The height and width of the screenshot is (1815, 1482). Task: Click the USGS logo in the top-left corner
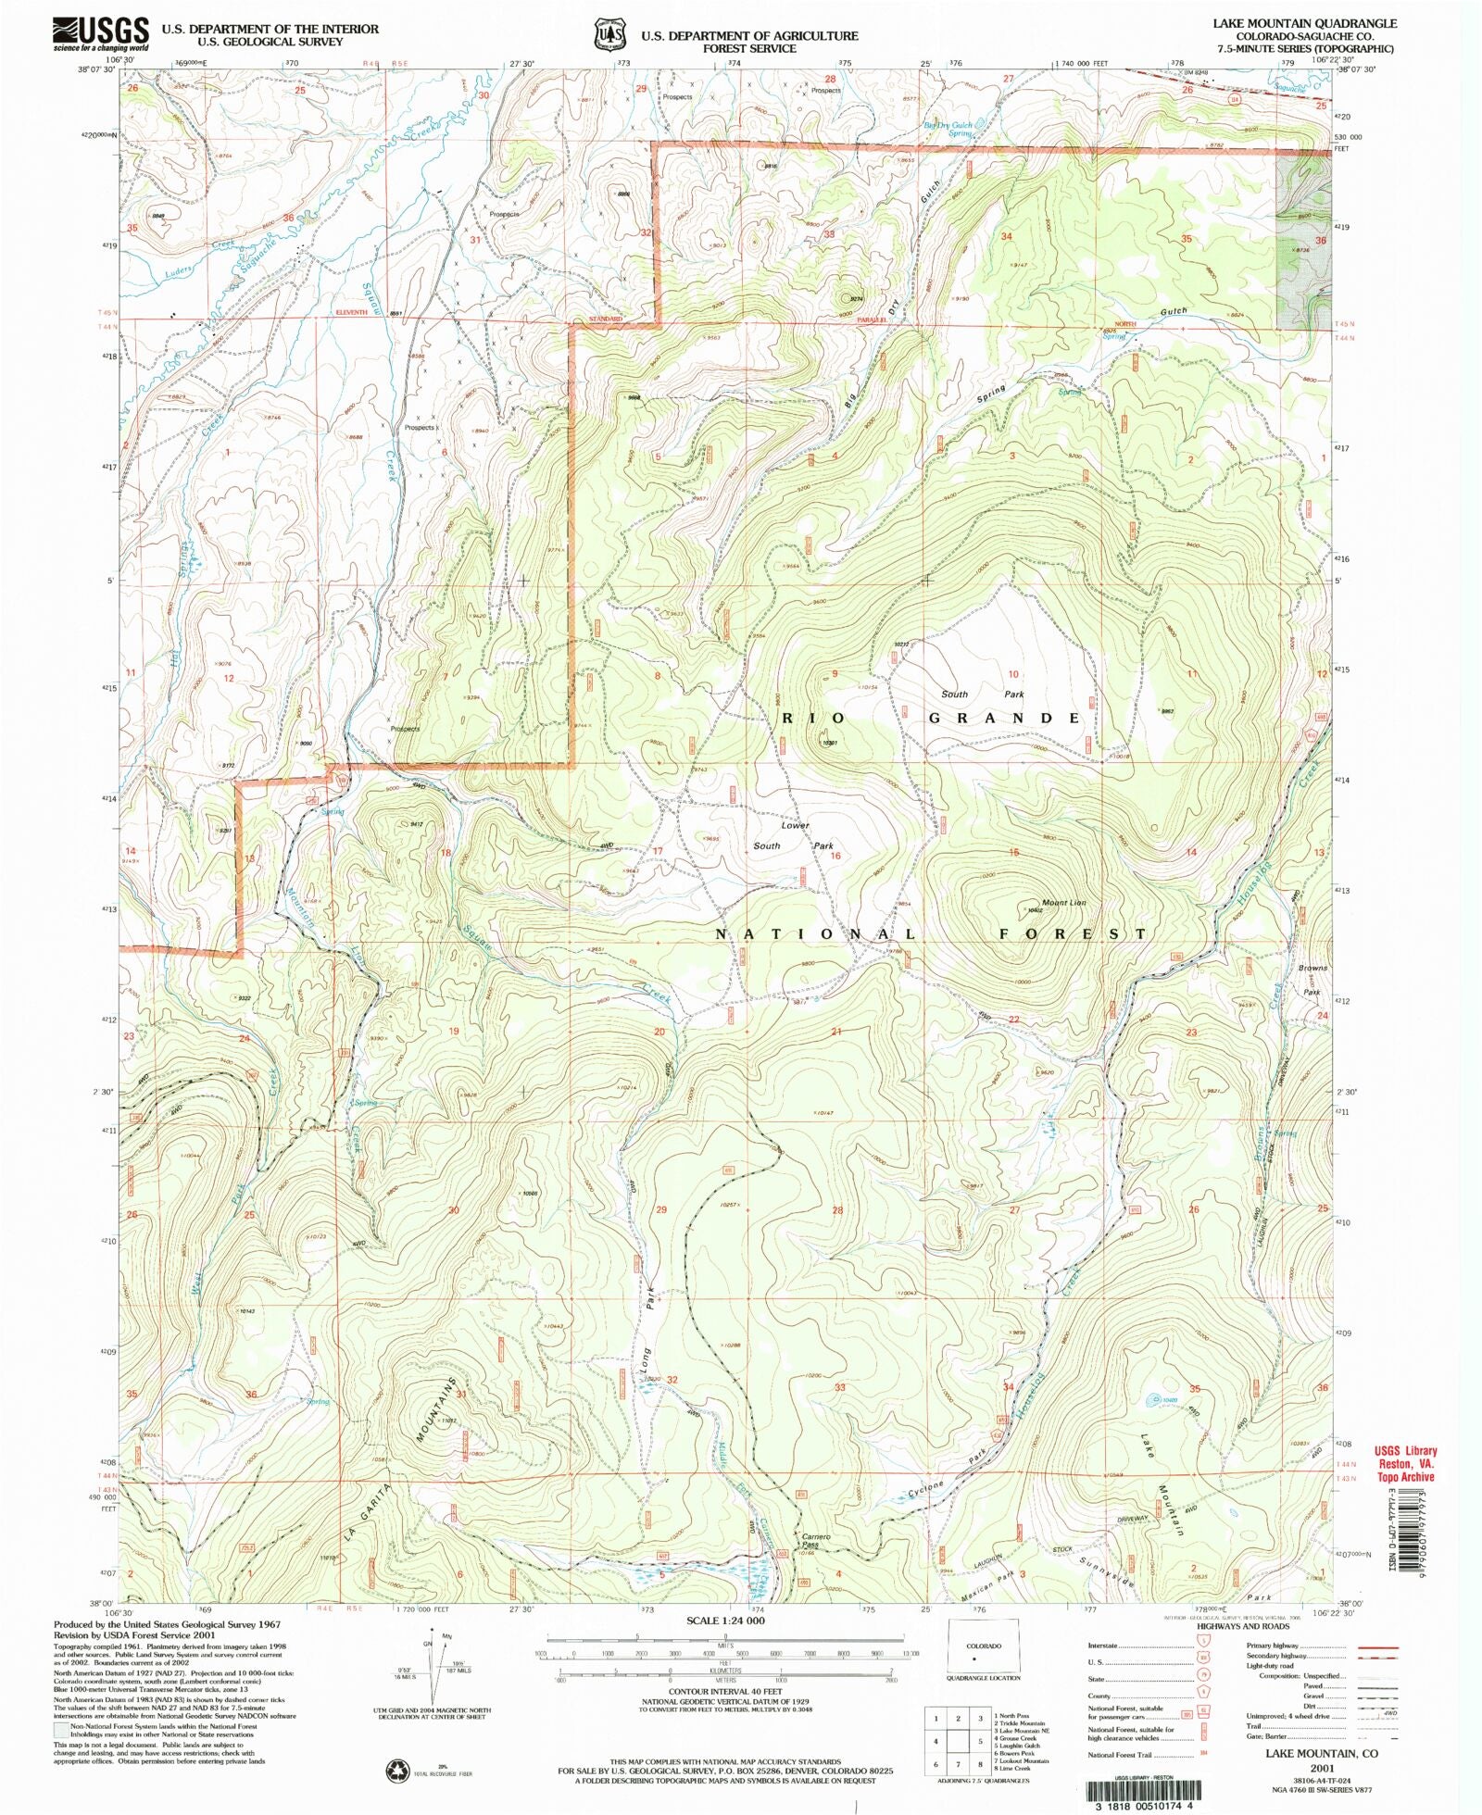tap(100, 34)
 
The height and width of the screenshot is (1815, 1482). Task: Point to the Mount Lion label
tap(1037, 902)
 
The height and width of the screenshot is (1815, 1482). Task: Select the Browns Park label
tap(1312, 979)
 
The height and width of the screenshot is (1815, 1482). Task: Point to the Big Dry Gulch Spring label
tap(948, 129)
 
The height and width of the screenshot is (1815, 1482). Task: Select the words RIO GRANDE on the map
tap(931, 719)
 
